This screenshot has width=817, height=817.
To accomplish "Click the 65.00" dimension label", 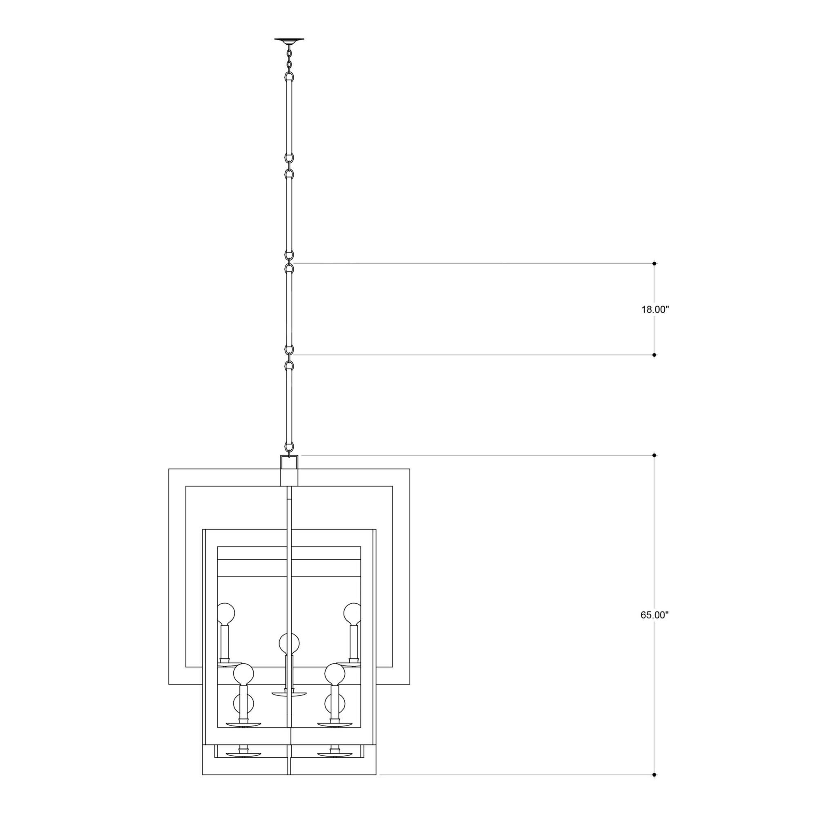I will tap(654, 615).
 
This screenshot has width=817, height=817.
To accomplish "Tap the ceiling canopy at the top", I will tap(289, 40).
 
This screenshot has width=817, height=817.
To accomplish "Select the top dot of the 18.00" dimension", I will tap(654, 263).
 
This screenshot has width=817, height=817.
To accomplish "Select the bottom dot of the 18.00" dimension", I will tap(654, 355).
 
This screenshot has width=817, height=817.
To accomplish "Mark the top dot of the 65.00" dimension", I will tap(654, 455).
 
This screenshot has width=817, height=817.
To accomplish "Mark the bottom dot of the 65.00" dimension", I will tap(654, 775).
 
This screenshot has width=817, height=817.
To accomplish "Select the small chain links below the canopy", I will tap(289, 59).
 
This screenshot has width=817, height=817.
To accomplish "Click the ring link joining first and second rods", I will tap(289, 166).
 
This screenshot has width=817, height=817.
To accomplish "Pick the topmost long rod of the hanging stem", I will tap(289, 118).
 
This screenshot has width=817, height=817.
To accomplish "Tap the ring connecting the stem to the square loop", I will tap(289, 446).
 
